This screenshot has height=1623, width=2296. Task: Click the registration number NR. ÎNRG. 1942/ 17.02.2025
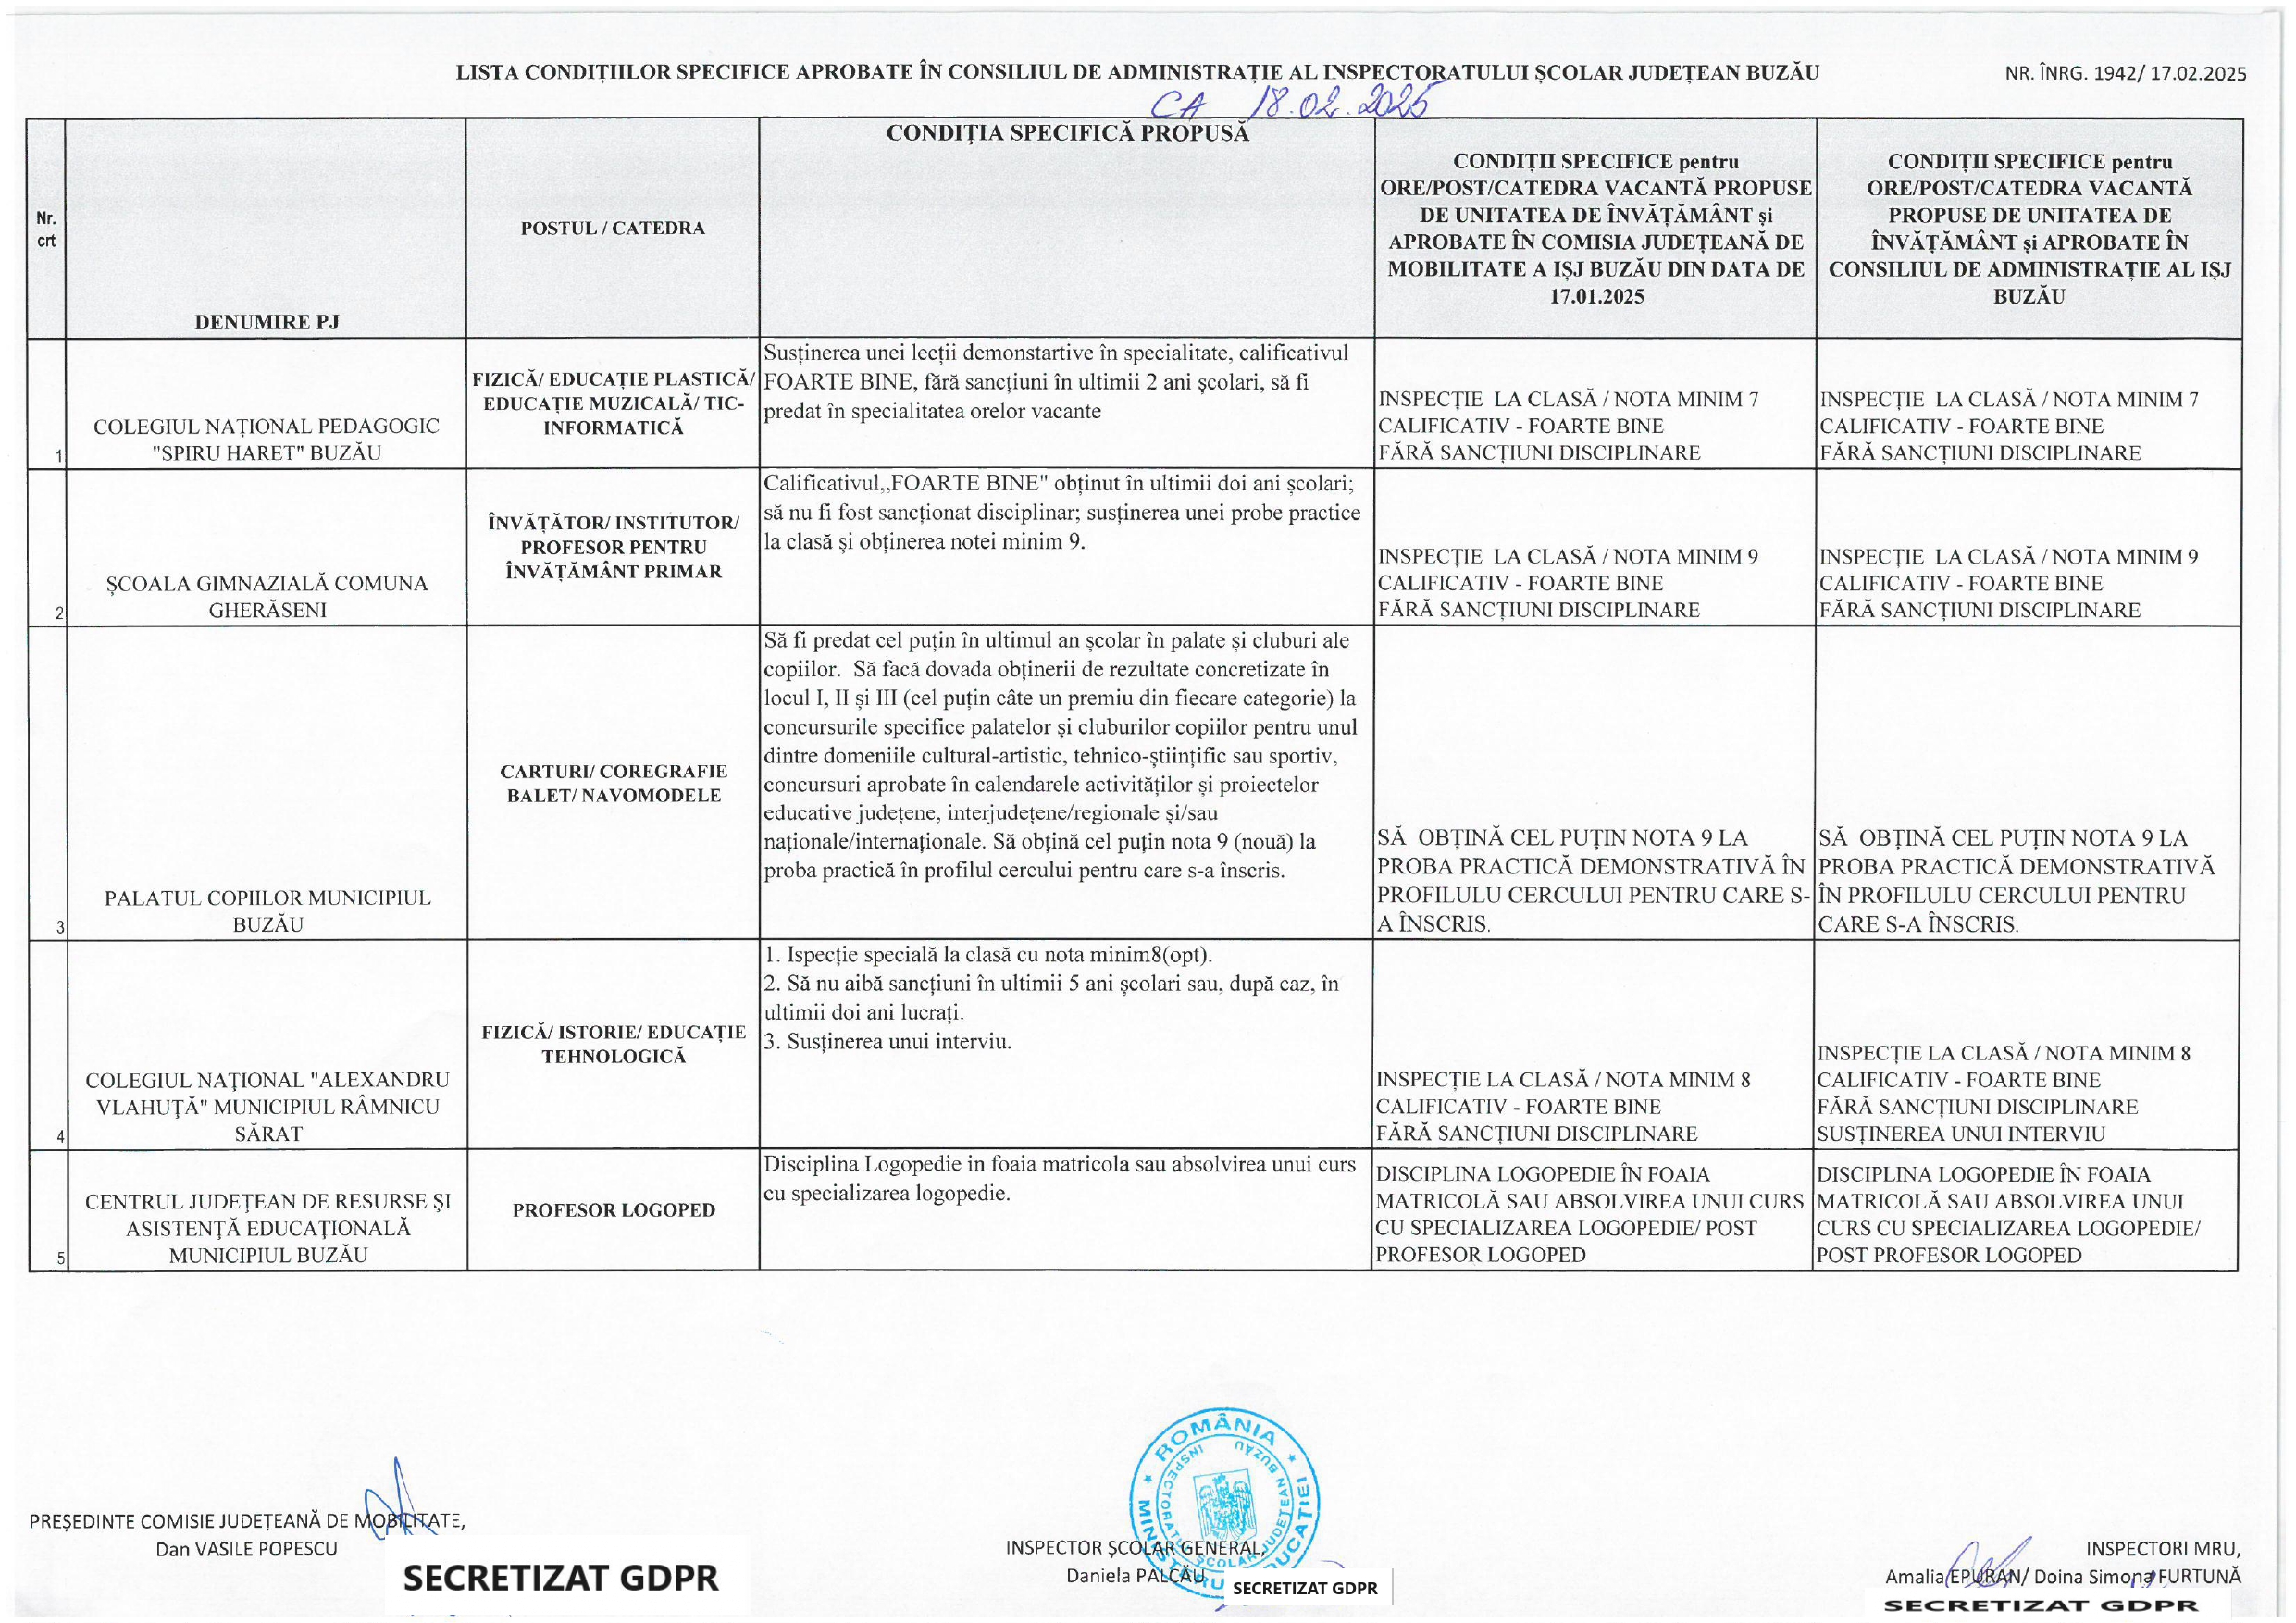[2126, 74]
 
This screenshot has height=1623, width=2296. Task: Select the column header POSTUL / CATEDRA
[612, 228]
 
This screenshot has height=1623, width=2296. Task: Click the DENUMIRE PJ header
[267, 322]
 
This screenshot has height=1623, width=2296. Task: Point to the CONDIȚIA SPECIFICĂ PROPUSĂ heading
[1067, 133]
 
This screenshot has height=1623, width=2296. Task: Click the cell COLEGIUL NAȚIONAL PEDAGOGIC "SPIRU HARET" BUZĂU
[267, 439]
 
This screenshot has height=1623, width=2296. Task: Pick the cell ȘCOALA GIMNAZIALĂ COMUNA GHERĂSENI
[267, 596]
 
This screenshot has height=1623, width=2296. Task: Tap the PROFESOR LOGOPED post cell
[613, 1210]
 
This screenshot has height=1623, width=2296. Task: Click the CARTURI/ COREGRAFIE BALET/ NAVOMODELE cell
[613, 783]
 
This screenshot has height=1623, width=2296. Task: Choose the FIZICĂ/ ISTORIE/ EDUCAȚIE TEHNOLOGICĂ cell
[613, 1044]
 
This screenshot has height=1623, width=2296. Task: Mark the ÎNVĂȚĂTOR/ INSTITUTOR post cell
[613, 547]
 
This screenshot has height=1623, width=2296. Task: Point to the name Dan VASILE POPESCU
[247, 1549]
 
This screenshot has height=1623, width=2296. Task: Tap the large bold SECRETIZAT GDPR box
[561, 1579]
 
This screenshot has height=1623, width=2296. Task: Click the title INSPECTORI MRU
[2163, 1549]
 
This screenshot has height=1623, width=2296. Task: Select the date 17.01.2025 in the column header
[1596, 296]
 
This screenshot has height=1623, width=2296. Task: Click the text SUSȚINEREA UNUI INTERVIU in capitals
[1961, 1134]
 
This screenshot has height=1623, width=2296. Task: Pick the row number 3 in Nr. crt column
[60, 927]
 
